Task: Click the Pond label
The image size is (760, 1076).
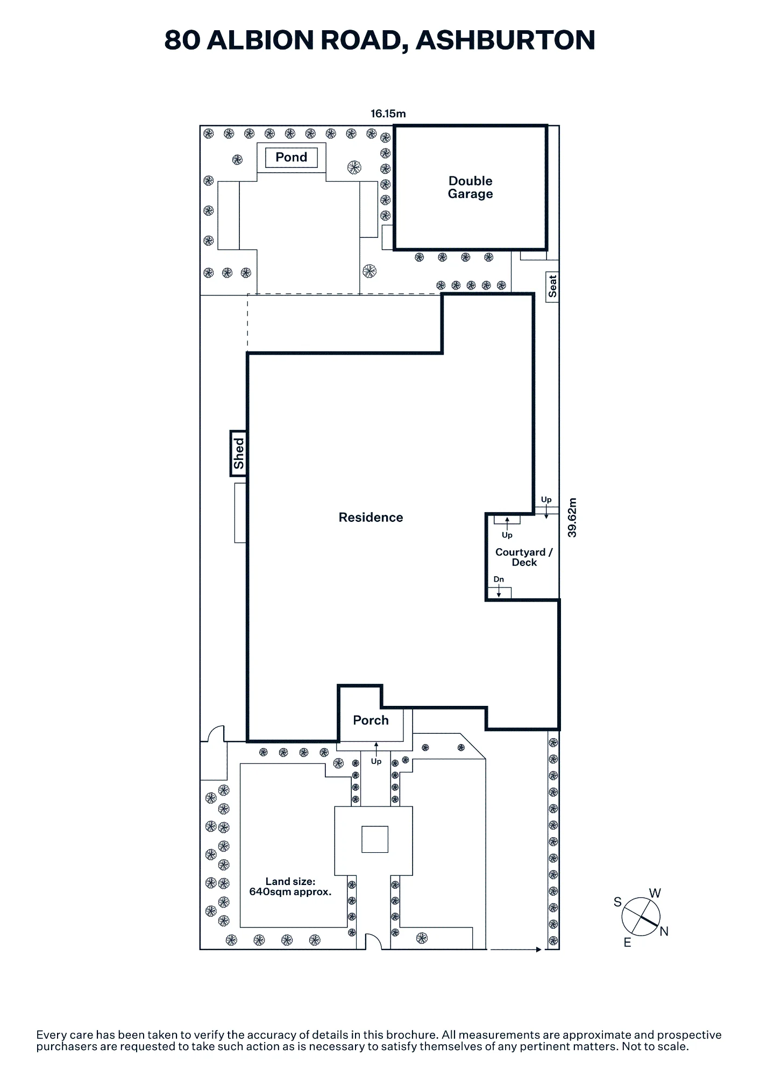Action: coord(291,157)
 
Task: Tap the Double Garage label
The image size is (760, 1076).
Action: coord(471,187)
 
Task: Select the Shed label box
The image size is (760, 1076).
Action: coord(239,454)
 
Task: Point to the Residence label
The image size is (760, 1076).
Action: coord(371,517)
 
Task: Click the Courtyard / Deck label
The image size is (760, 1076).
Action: coord(524,557)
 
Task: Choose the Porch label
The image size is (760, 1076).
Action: coord(371,720)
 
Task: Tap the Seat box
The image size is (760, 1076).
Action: coord(552,287)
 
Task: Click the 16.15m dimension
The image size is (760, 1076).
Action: coord(388,114)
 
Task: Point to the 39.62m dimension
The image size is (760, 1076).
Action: coord(572,518)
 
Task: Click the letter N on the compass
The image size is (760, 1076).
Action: coord(664,931)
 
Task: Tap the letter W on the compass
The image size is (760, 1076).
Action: coord(655,893)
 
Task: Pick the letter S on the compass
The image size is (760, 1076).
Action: coord(617,902)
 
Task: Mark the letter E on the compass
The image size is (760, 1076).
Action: coord(627,943)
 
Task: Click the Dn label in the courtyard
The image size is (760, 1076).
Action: coord(499,579)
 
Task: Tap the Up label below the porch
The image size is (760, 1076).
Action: coord(376,761)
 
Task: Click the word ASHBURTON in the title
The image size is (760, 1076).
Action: coord(505,40)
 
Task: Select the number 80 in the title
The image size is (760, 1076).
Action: coord(182,40)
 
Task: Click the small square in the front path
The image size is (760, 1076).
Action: coord(375,839)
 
